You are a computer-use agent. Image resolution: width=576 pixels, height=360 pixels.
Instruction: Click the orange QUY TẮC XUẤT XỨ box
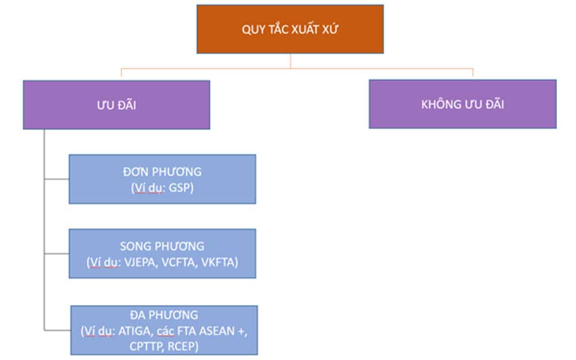[x=290, y=29]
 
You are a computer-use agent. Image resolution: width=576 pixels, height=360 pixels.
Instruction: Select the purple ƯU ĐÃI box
[x=116, y=104]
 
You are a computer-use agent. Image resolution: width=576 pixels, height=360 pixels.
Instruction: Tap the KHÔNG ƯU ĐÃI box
[x=463, y=104]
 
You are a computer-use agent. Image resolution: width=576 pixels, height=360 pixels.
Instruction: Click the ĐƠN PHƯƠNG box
[x=162, y=179]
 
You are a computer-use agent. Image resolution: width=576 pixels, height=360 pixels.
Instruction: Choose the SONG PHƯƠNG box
[x=162, y=253]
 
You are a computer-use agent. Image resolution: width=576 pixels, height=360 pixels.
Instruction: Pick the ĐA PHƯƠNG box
[x=164, y=330]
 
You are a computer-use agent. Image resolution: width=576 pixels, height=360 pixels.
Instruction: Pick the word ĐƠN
[x=136, y=172]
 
